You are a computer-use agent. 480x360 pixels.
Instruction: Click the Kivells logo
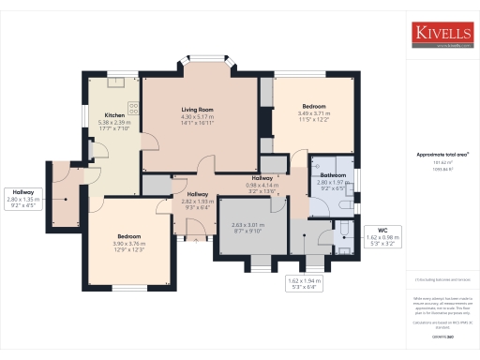coord(443,35)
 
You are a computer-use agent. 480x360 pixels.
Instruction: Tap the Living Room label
coord(198,110)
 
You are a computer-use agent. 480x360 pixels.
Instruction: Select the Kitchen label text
coord(114,115)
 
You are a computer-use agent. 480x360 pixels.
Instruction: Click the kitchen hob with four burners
coord(133,108)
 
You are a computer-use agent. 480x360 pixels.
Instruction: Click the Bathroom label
coord(334,175)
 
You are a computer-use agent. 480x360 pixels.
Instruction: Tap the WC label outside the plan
coord(382,229)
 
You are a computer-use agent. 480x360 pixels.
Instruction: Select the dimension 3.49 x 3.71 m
coord(313,113)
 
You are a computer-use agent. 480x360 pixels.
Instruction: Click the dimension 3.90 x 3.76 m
coord(128,243)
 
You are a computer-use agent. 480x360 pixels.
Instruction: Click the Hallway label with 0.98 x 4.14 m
coord(262,181)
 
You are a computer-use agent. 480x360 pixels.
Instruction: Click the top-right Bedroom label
coord(313,106)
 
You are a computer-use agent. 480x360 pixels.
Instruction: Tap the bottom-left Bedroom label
coord(128,235)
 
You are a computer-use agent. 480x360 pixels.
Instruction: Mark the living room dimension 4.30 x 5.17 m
coord(198,116)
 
